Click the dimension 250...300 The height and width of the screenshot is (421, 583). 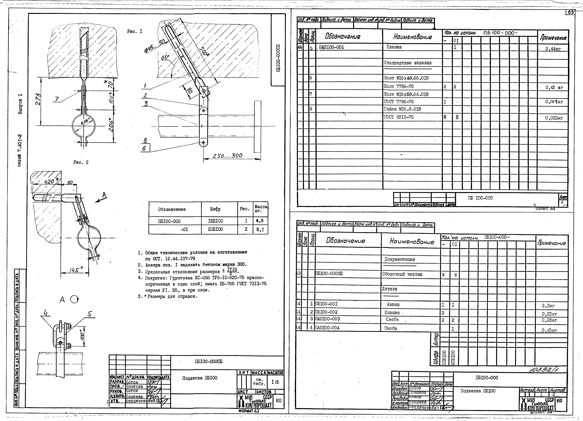point(228,156)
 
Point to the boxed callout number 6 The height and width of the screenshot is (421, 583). point(144,148)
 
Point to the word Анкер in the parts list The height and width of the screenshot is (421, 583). point(393,304)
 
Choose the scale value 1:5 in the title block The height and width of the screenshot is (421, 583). point(275,382)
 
